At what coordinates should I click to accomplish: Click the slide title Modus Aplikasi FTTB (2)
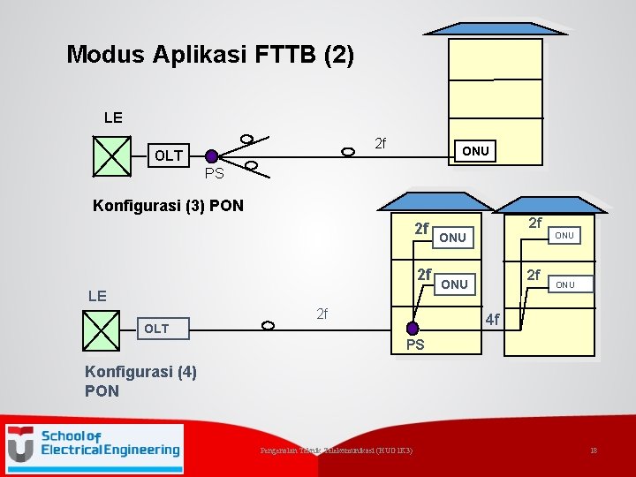tap(210, 56)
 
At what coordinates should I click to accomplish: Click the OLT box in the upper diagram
tap(169, 155)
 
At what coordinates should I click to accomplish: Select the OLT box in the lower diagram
tap(156, 329)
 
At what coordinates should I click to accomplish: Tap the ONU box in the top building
tap(475, 151)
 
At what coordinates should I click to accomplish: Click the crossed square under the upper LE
tap(111, 156)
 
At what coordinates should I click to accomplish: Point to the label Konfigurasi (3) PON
tap(168, 207)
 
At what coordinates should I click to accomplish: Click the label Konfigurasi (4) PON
tap(140, 381)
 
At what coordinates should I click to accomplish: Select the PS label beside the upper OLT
tap(214, 173)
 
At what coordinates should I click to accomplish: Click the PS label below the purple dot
tap(415, 344)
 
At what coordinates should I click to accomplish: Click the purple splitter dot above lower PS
tap(412, 328)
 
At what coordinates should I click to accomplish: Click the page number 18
tap(594, 451)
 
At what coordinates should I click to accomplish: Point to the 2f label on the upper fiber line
tap(380, 143)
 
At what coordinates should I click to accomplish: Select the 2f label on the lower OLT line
tap(322, 314)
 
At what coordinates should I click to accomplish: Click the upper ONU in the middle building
tap(452, 238)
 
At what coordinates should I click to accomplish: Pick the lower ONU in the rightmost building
tap(565, 284)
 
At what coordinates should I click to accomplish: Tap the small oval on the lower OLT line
tap(267, 324)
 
